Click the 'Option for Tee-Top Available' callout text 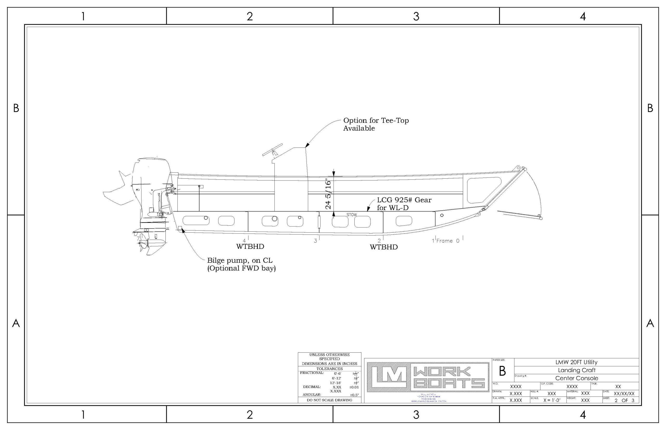pos(376,124)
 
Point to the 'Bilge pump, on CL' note pos(240,260)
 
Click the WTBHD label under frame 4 pos(250,247)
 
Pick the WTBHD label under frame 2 pos(383,247)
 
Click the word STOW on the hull pos(351,215)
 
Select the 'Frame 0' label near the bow pos(447,241)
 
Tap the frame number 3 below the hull pos(315,241)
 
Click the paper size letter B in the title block pos(502,371)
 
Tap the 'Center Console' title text pos(577,378)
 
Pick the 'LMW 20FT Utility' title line pos(576,362)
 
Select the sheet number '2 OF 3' pos(625,400)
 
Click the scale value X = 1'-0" pos(552,400)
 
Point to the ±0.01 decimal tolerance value pos(354,387)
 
